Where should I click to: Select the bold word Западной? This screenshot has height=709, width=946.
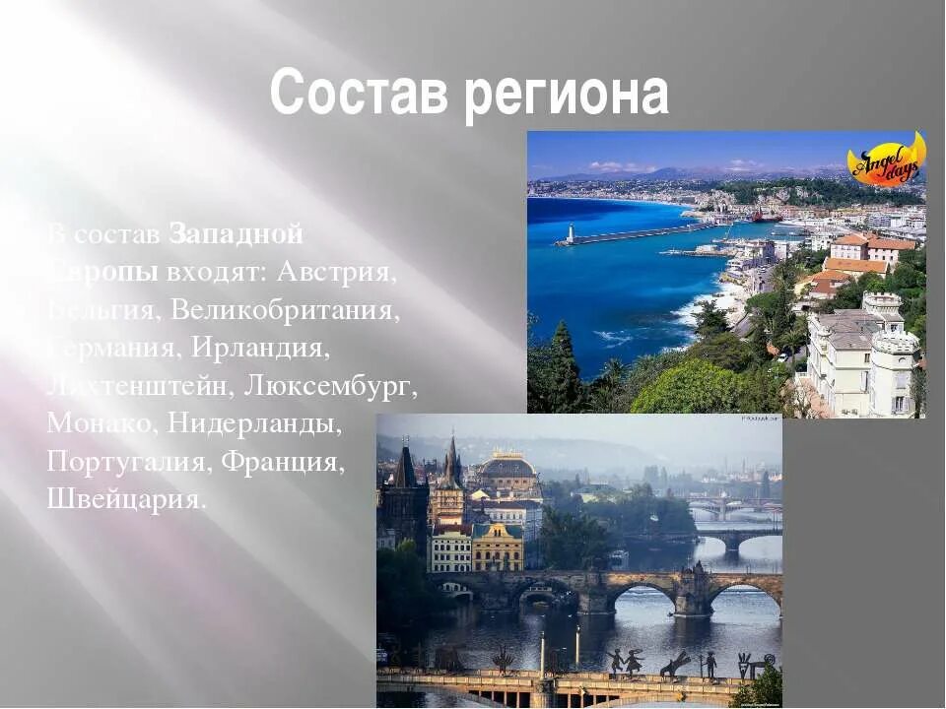pos(236,234)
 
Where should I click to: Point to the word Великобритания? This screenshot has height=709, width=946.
pos(286,309)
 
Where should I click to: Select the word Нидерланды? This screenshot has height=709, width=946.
pos(254,424)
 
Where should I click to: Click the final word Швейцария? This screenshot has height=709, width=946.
pos(126,499)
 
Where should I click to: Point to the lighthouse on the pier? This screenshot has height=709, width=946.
pos(569,232)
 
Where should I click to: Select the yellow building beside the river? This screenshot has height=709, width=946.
pos(498,548)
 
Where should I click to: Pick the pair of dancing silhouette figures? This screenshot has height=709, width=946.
pos(625,661)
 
